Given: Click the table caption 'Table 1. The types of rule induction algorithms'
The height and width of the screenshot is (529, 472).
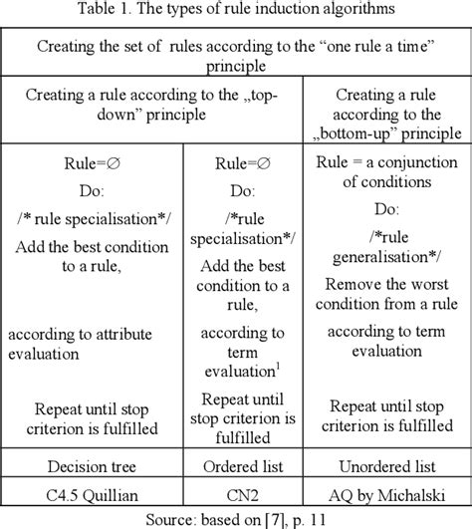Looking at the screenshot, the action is click(235, 12).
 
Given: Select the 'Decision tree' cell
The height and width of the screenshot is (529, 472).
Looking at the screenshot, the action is click(92, 465).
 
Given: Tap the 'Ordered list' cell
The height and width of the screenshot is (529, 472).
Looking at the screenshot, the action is click(243, 465).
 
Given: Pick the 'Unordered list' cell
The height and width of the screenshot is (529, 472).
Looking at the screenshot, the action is click(386, 465).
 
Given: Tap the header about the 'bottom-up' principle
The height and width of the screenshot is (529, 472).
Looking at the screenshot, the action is click(386, 111).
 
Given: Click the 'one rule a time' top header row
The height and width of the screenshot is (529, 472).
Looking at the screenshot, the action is click(235, 55).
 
